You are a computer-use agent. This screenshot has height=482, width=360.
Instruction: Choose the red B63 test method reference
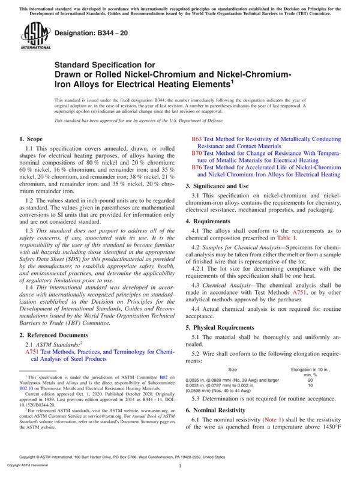[196, 139]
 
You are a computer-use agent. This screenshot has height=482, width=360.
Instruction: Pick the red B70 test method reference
[196, 153]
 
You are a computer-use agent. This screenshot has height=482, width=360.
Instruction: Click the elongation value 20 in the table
[310, 380]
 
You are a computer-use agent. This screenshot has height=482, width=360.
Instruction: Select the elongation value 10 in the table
[310, 386]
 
